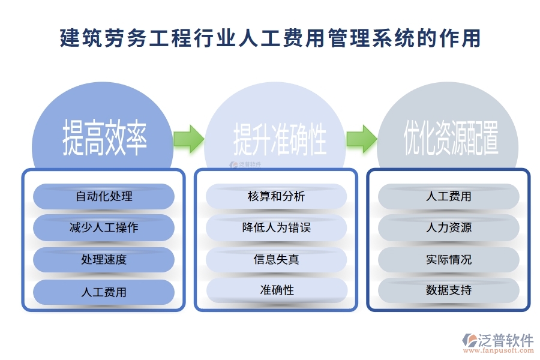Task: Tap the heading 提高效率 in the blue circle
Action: [x=104, y=137]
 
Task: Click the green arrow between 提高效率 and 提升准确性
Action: [x=188, y=139]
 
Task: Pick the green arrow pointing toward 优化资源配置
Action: [x=361, y=139]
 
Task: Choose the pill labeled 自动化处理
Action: [x=104, y=196]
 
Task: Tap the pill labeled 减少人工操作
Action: [x=104, y=228]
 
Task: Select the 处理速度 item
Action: [x=104, y=260]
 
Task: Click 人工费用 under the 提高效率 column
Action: [x=104, y=292]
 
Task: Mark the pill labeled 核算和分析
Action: [x=277, y=196]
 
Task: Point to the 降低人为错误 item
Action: [x=277, y=228]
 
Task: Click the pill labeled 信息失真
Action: [x=277, y=260]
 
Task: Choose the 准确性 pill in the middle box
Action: [x=277, y=290]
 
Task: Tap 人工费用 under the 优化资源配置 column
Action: [x=449, y=196]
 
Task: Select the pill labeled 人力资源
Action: [x=449, y=228]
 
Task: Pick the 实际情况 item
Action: [x=449, y=260]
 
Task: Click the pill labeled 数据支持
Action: [x=449, y=290]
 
